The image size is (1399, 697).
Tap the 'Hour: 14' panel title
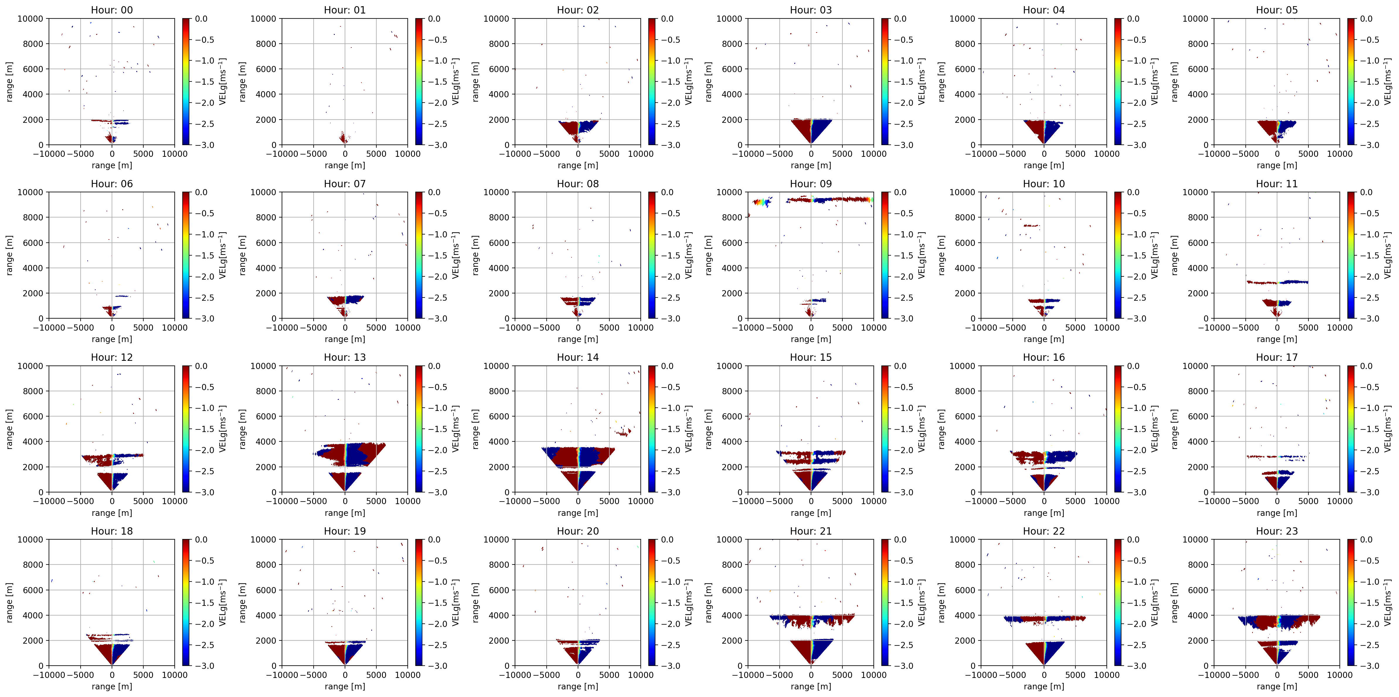click(x=577, y=358)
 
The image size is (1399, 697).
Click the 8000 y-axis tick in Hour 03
click(x=732, y=44)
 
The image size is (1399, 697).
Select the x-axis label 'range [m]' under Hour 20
click(x=577, y=686)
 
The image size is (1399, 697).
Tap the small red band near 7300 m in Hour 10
click(x=1031, y=225)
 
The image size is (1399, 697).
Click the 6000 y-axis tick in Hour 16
click(x=965, y=417)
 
